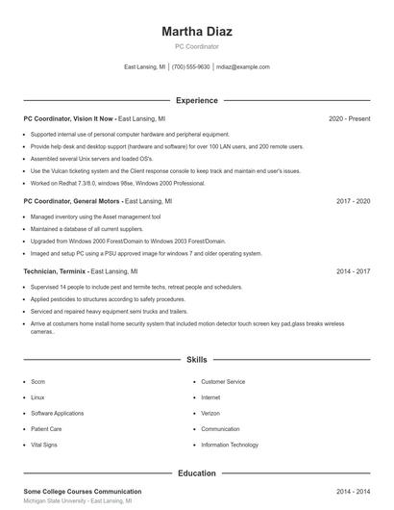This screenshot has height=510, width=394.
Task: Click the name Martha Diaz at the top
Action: click(196, 31)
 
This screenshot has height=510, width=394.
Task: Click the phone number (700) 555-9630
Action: click(190, 67)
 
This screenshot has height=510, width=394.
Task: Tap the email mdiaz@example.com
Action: click(242, 67)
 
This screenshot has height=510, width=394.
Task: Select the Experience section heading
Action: click(196, 100)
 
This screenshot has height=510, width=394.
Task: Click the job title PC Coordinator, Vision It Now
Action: click(68, 118)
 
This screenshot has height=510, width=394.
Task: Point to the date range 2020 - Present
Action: click(349, 118)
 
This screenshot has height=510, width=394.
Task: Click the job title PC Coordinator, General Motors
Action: click(73, 202)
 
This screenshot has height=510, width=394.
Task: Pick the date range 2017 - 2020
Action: click(353, 202)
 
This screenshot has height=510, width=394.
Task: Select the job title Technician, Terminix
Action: click(55, 272)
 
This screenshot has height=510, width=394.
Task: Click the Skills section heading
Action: click(196, 360)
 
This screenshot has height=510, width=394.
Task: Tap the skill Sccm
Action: click(37, 382)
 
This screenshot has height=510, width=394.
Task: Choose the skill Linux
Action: click(37, 397)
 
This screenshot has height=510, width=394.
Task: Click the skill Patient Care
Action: click(46, 429)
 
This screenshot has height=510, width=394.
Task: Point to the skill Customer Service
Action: click(223, 382)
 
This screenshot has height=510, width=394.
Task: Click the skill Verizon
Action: click(210, 413)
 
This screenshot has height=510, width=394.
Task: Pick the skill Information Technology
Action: click(230, 445)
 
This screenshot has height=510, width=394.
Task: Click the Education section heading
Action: click(196, 473)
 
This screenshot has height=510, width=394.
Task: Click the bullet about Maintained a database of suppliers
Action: click(86, 230)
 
